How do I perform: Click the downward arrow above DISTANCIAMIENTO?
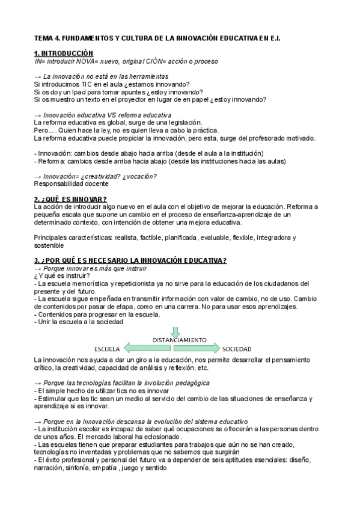pyautogui.click(x=175, y=331)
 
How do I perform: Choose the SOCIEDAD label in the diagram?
pyautogui.click(x=237, y=349)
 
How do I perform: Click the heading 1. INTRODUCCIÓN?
pyautogui.click(x=64, y=53)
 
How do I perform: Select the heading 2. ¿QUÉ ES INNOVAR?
pyautogui.click(x=70, y=198)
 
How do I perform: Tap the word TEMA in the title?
pyautogui.click(x=44, y=37)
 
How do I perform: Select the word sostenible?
pyautogui.click(x=49, y=245)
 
